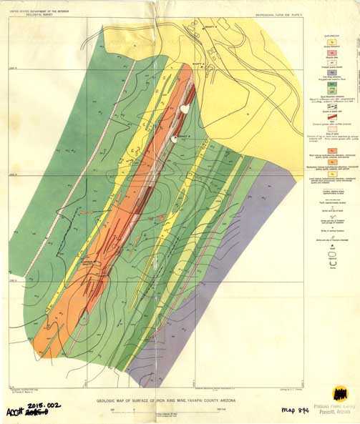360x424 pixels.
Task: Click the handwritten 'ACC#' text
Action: (15, 413)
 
